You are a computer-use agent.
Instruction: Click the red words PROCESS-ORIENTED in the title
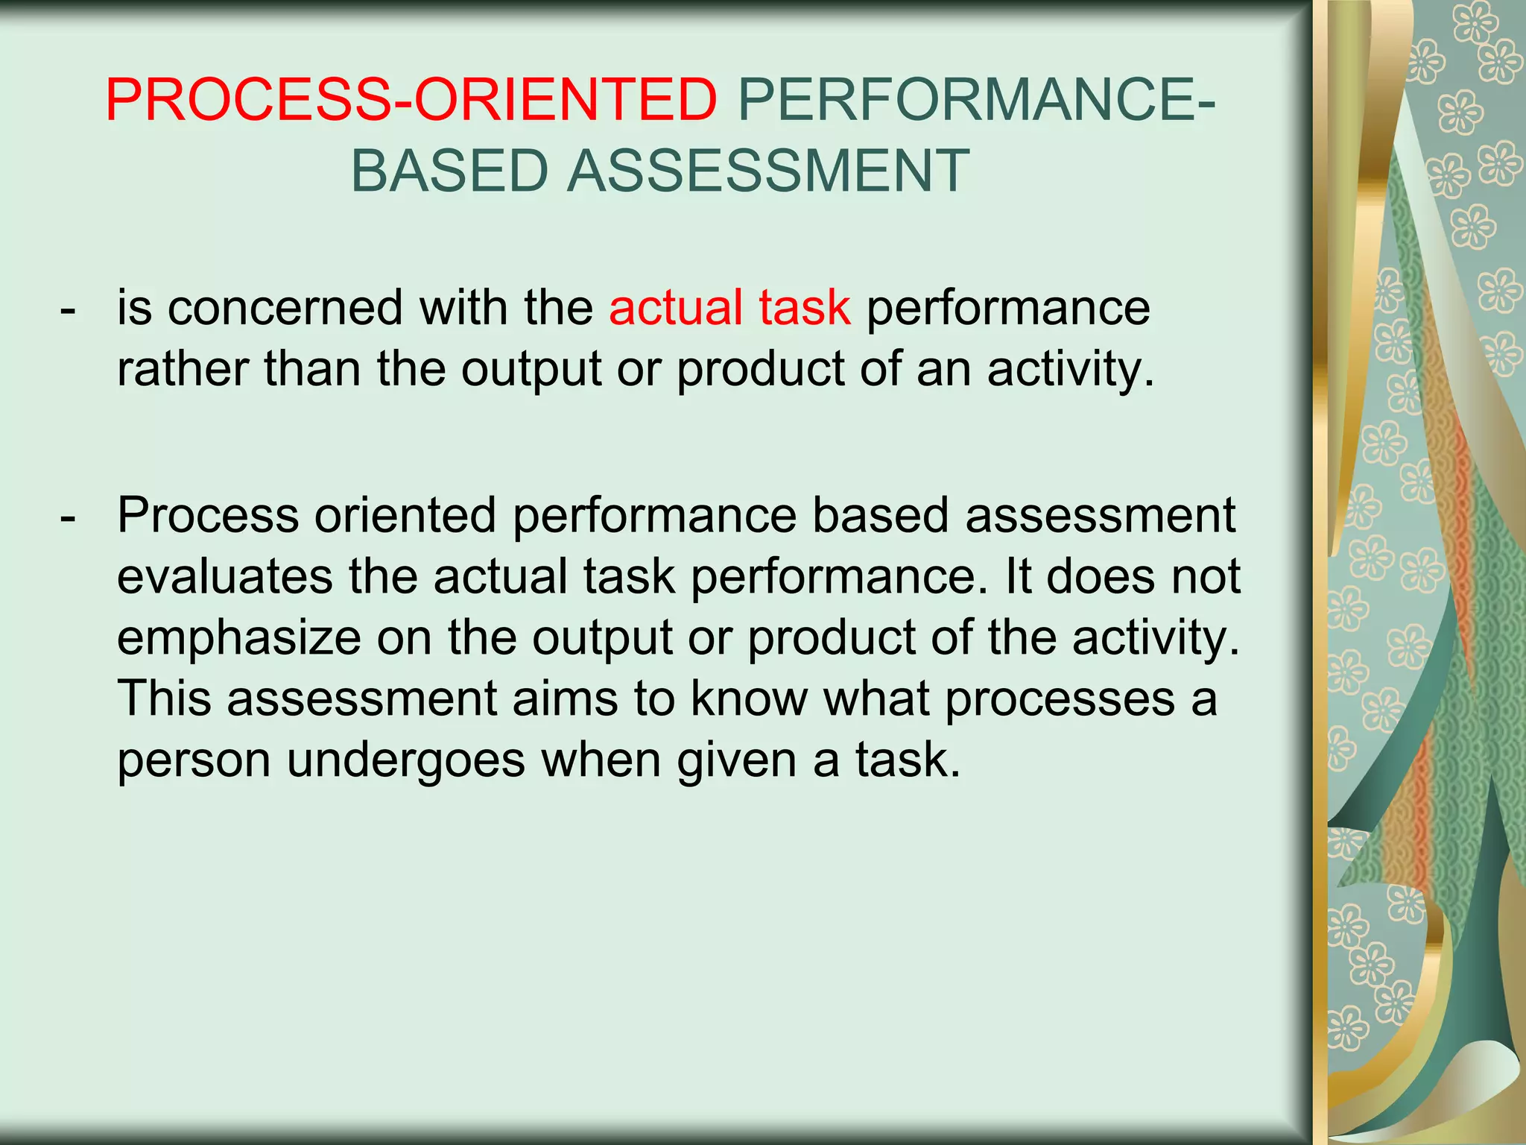(x=411, y=100)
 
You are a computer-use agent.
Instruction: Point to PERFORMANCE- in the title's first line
(x=977, y=100)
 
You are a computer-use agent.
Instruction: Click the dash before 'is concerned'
(x=68, y=309)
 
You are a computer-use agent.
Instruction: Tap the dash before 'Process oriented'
(x=68, y=516)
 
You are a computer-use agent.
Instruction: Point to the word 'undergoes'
(x=407, y=760)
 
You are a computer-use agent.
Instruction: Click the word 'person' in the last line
(x=194, y=760)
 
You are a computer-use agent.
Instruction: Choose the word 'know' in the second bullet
(x=750, y=699)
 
